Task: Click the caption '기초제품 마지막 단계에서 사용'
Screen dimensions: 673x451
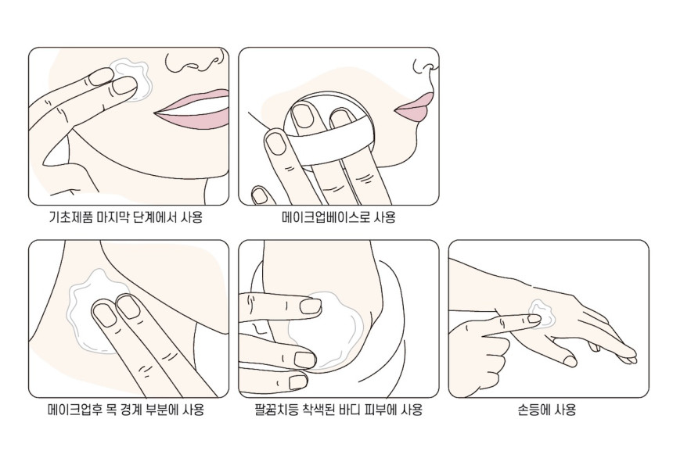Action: pyautogui.click(x=126, y=217)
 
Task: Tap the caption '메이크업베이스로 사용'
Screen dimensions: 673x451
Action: pyautogui.click(x=338, y=217)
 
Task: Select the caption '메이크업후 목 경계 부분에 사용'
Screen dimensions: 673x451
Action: pyautogui.click(x=126, y=410)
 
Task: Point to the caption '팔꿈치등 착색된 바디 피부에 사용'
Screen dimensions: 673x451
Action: pyautogui.click(x=338, y=410)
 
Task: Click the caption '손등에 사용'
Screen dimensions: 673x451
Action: pyautogui.click(x=547, y=410)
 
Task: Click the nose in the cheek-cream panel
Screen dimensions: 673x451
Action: pyautogui.click(x=195, y=63)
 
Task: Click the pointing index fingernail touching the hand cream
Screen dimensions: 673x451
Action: pyautogui.click(x=534, y=319)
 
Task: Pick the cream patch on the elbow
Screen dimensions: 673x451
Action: pyautogui.click(x=326, y=330)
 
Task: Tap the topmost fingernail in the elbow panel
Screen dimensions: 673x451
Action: pyautogui.click(x=311, y=306)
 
